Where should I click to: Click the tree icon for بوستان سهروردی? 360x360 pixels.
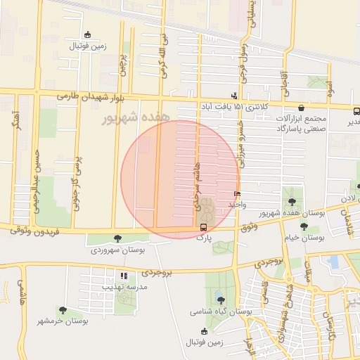(117, 239)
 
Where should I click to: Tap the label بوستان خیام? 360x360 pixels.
(304, 238)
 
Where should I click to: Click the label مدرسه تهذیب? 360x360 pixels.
(124, 287)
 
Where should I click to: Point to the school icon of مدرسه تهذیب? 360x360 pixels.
(124, 276)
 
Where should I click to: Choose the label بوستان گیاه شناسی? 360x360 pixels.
(221, 311)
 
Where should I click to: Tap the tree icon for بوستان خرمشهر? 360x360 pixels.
(63, 310)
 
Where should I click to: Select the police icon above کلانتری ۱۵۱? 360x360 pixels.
(234, 96)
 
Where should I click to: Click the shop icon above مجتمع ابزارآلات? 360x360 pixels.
(302, 108)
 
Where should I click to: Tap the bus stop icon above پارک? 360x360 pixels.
(203, 227)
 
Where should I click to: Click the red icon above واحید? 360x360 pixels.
(236, 193)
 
